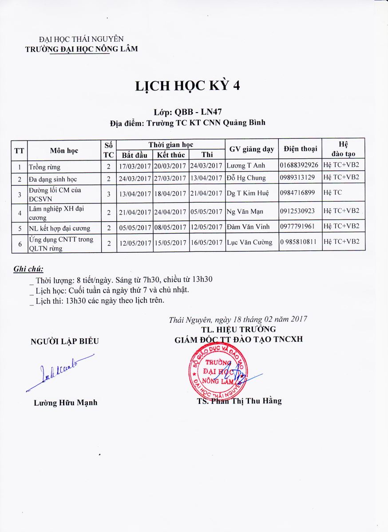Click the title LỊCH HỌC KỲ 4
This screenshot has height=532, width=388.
tap(188, 86)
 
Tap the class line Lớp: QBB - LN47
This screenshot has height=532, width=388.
tap(187, 112)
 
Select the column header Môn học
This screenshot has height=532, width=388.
tap(64, 150)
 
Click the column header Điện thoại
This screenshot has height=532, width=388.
tap(301, 149)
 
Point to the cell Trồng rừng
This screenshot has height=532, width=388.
tap(44, 167)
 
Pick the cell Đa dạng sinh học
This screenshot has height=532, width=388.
tap(53, 179)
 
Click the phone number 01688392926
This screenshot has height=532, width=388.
tap(299, 165)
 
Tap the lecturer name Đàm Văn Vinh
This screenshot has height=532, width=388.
tap(246, 227)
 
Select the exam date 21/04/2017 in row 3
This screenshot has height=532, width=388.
tap(206, 193)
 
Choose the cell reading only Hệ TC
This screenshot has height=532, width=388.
tap(331, 193)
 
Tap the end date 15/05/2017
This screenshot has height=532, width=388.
tap(171, 243)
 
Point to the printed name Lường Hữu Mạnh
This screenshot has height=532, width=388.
tap(65, 403)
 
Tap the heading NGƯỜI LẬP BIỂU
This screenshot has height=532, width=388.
tap(64, 341)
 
